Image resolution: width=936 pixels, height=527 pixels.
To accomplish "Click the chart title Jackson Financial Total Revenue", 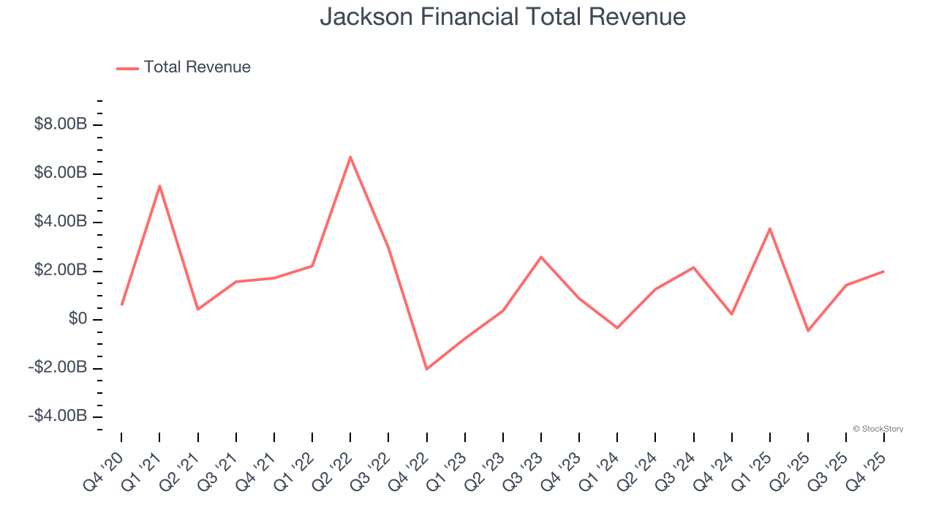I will click(502, 17).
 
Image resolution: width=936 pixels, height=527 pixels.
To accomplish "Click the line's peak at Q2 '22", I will click(350, 157).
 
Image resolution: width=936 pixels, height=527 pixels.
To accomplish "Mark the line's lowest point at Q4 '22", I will click(426, 369).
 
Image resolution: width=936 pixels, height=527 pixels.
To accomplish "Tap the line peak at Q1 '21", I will click(159, 186).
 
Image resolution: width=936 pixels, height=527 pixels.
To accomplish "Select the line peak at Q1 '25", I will click(770, 228).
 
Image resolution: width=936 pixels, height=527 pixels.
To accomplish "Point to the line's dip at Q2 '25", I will click(808, 331).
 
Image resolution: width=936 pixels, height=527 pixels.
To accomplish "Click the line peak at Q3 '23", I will click(541, 257).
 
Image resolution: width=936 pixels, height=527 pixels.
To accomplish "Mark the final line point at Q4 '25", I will click(884, 272).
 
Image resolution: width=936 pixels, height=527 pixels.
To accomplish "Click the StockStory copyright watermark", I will click(878, 429).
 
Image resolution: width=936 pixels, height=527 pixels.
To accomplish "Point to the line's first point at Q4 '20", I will click(121, 304).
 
